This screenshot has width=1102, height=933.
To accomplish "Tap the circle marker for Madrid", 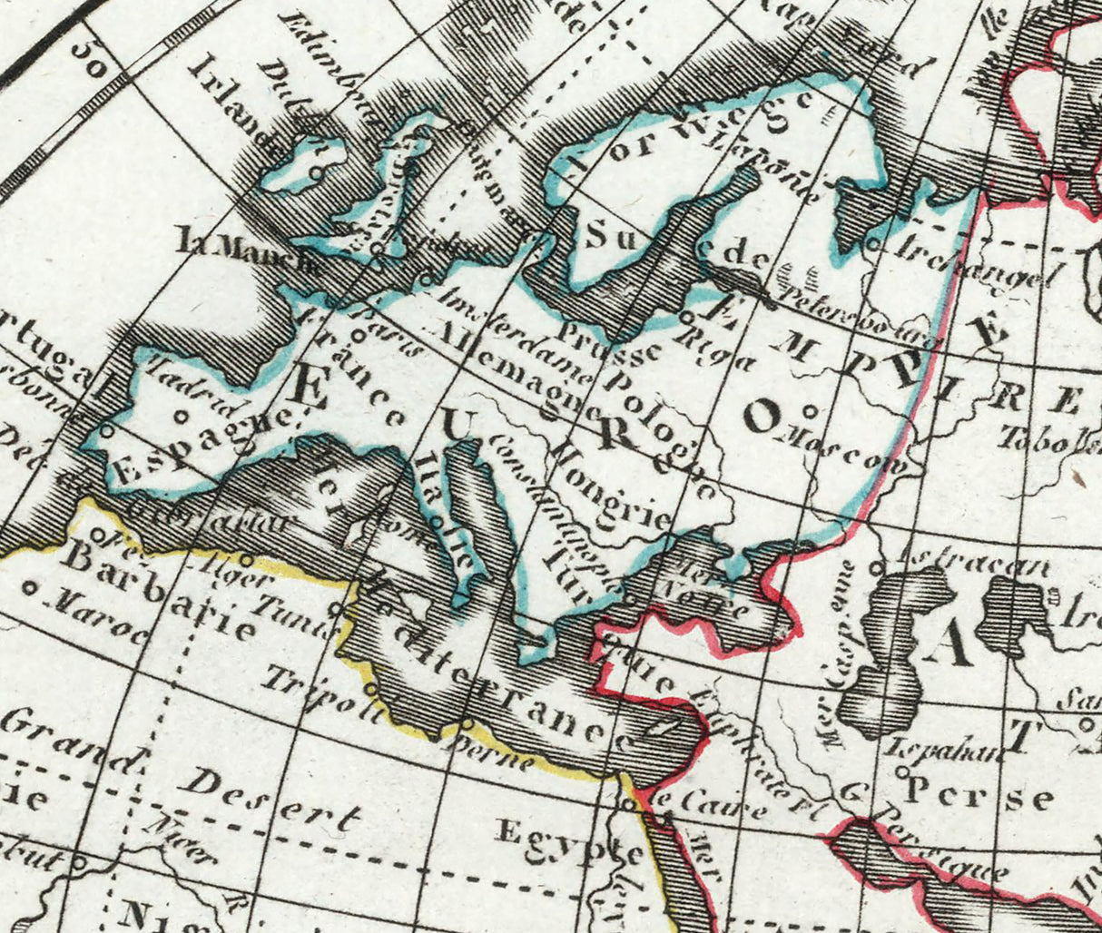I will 180,417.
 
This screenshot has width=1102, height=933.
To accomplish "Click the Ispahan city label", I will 944,751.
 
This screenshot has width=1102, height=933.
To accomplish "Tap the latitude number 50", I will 92,60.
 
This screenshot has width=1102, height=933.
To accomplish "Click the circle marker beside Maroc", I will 30,587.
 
